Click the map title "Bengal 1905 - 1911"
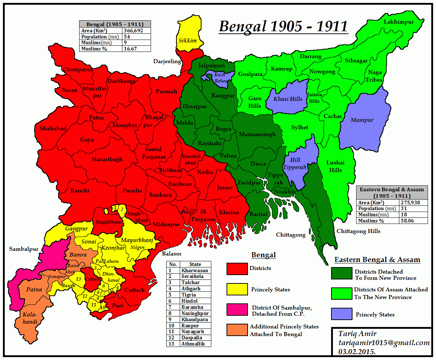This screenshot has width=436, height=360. click(x=283, y=26)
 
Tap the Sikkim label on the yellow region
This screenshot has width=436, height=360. click(x=185, y=40)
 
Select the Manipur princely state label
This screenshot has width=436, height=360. click(x=362, y=120)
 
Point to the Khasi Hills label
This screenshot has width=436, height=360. click(x=288, y=99)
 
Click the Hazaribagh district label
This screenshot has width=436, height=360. click(x=107, y=159)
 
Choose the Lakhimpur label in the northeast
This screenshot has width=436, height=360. click(x=399, y=22)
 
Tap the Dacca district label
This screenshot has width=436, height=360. click(x=258, y=164)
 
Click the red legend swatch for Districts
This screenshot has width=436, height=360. click(x=237, y=269)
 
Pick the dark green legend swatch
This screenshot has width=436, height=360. click(x=342, y=273)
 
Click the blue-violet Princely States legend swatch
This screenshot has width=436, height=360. click(x=342, y=314)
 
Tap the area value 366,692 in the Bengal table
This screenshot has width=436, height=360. click(x=133, y=30)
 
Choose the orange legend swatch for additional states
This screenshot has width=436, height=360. click(x=237, y=330)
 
